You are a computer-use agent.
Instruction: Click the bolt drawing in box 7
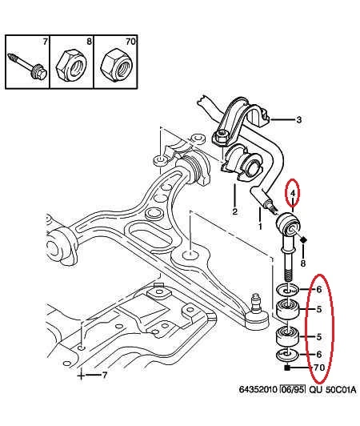tap(27, 66)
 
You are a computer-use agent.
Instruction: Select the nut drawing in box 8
tap(71, 65)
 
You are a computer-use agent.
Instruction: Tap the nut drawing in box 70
tap(116, 64)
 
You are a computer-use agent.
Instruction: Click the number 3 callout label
tap(298, 119)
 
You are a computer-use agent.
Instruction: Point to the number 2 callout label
tap(234, 211)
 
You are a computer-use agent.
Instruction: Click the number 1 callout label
tap(260, 226)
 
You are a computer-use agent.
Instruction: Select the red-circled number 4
tap(293, 194)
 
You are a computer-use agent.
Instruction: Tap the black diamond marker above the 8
tap(303, 240)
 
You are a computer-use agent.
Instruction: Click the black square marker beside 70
tap(287, 368)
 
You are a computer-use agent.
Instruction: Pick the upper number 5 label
tap(318, 309)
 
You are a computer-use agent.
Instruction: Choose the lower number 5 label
tap(318, 337)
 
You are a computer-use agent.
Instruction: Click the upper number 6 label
tap(318, 289)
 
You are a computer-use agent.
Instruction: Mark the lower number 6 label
tap(318, 354)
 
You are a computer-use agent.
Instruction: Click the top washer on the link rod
tap(287, 290)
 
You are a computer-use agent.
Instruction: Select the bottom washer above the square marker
tap(287, 355)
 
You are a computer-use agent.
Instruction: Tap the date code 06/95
tap(293, 389)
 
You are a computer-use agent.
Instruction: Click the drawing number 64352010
tap(258, 389)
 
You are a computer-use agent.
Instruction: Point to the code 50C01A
tap(341, 389)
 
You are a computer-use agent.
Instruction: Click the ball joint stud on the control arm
tap(256, 303)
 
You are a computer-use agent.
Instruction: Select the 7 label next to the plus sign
tap(105, 376)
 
